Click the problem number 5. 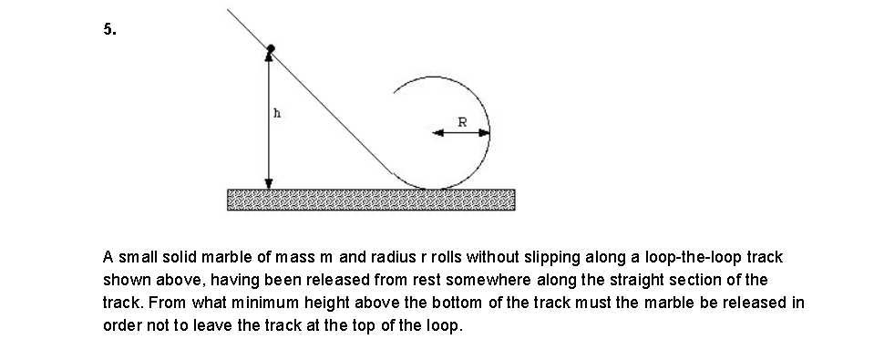point(108,29)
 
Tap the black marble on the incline point(270,47)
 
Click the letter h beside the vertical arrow point(277,115)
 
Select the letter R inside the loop point(462,121)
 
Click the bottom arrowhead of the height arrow point(269,182)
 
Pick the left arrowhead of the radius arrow point(438,133)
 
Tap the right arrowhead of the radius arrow point(484,133)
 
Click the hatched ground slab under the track point(370,199)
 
